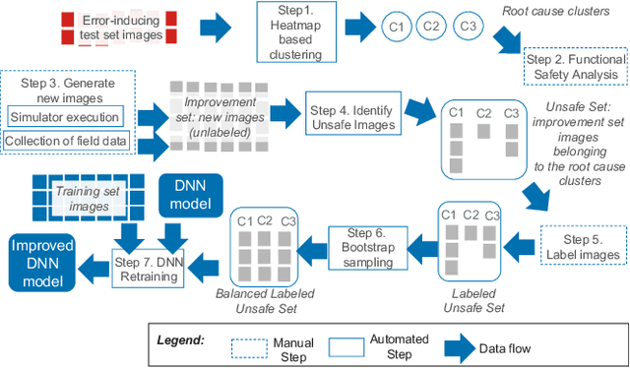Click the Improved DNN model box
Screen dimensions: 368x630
pyautogui.click(x=43, y=262)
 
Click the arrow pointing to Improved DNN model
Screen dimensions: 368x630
pyautogui.click(x=93, y=263)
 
